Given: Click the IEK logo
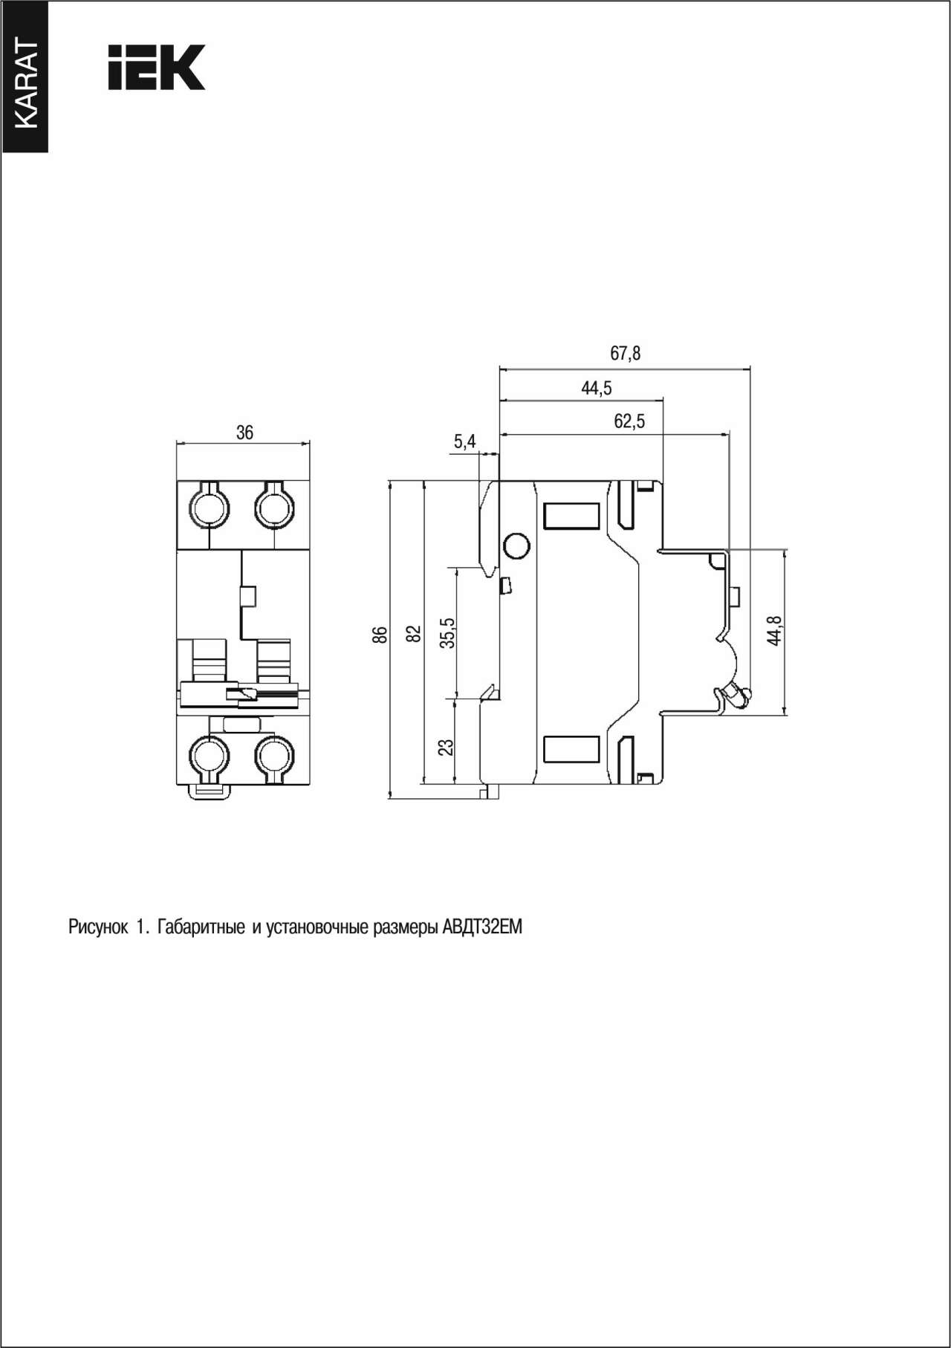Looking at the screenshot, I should pyautogui.click(x=157, y=68).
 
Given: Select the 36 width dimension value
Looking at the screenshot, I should pyautogui.click(x=244, y=432).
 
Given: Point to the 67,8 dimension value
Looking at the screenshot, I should pyautogui.click(x=625, y=354).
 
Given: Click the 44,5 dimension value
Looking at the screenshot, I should pyautogui.click(x=597, y=388).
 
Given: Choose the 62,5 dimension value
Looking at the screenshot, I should pyautogui.click(x=629, y=422).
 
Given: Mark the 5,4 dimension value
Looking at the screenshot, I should pyautogui.click(x=464, y=442).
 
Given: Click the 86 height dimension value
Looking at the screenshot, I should pyautogui.click(x=380, y=635).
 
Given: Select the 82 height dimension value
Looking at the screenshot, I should pyautogui.click(x=415, y=634).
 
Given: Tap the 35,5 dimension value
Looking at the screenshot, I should pyautogui.click(x=447, y=633).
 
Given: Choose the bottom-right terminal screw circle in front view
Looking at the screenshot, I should pyautogui.click(x=274, y=756).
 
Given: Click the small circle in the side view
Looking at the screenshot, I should pyautogui.click(x=516, y=547).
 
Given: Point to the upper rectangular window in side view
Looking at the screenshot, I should pyautogui.click(x=571, y=516).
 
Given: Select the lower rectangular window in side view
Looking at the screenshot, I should pyautogui.click(x=571, y=749).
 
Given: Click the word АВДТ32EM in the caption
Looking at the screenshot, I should pyautogui.click(x=482, y=927).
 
